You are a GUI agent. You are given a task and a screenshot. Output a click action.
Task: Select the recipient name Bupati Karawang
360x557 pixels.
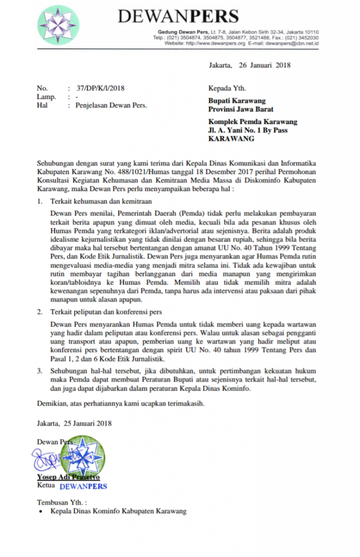237,101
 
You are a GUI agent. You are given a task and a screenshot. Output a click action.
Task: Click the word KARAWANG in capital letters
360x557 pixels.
231,139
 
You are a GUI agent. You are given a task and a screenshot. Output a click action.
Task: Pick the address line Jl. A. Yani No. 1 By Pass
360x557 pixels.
248,131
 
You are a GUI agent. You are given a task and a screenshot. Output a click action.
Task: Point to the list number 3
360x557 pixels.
39,370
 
